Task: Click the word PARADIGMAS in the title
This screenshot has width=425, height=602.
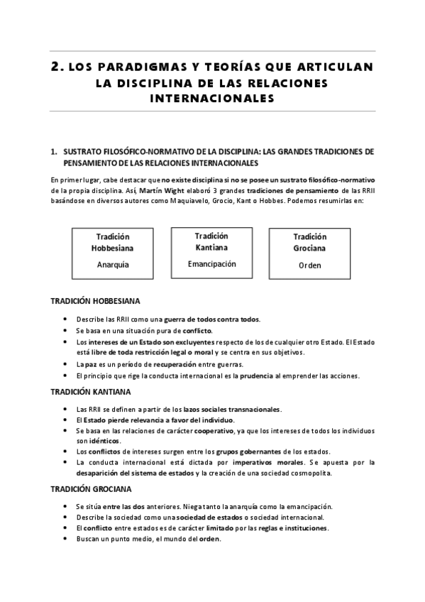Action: (135, 68)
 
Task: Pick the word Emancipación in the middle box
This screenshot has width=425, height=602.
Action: (211, 263)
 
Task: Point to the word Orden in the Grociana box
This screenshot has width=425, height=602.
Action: (309, 266)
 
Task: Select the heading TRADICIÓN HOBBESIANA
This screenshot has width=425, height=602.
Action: (95, 301)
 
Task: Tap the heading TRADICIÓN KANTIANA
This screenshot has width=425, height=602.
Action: (90, 392)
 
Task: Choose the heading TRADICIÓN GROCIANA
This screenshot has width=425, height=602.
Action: (91, 489)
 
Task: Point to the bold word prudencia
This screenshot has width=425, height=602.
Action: (261, 376)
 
